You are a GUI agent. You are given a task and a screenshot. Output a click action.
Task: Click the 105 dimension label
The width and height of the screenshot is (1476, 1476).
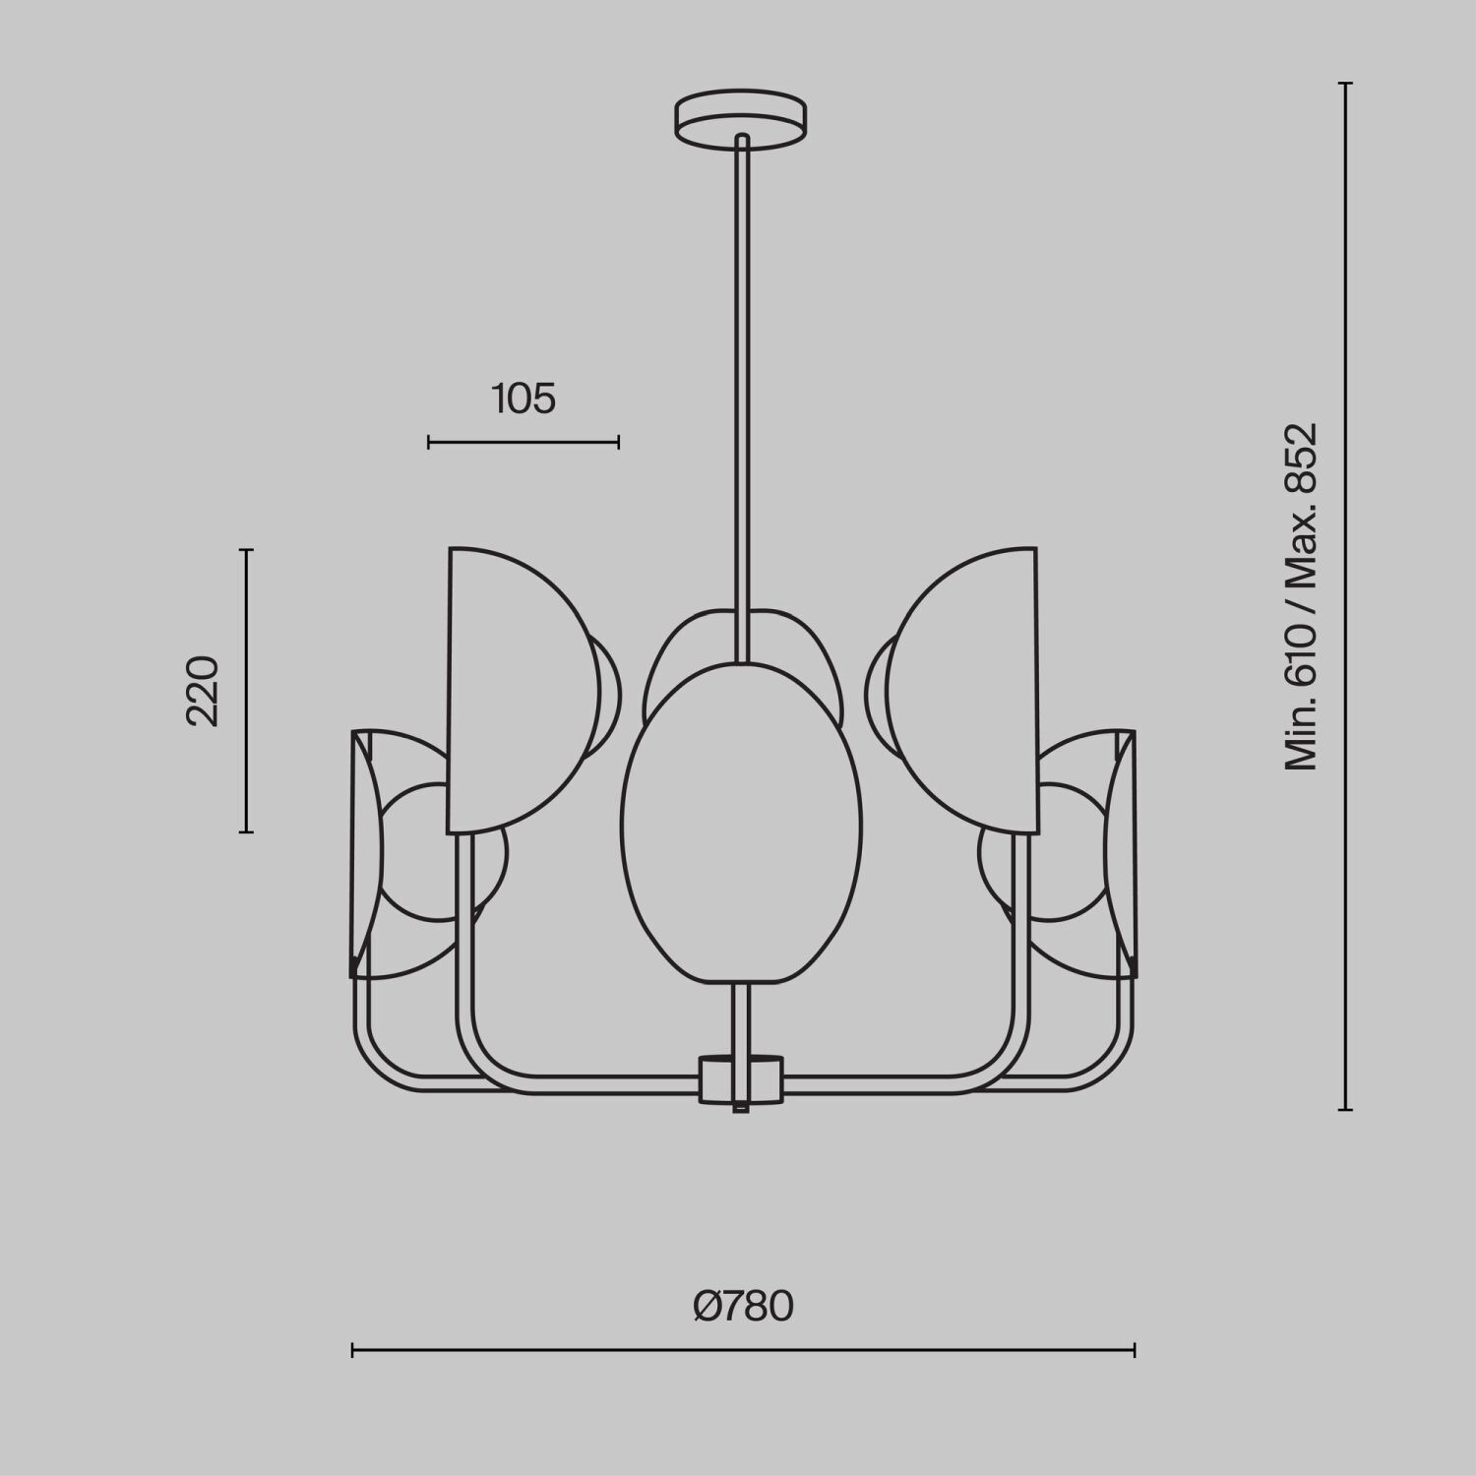click(523, 399)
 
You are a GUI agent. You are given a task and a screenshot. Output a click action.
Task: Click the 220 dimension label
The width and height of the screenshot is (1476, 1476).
click(203, 691)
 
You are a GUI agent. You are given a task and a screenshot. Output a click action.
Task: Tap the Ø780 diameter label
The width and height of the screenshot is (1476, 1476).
click(743, 1307)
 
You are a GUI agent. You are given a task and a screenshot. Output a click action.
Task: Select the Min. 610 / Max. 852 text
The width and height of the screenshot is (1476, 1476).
click(1300, 596)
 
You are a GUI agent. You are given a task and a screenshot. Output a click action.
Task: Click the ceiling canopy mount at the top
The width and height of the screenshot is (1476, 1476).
click(741, 120)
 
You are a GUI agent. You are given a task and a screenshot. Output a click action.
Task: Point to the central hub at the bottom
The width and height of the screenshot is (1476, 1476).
click(741, 1078)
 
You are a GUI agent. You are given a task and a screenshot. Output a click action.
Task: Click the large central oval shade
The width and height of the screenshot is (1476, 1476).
click(741, 822)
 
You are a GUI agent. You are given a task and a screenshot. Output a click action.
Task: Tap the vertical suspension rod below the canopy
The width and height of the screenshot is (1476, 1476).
click(742, 394)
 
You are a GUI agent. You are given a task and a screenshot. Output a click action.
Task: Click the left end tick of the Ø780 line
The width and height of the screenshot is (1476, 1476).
click(352, 1350)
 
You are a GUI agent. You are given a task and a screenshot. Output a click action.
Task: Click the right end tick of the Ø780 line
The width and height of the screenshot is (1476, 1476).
click(1135, 1350)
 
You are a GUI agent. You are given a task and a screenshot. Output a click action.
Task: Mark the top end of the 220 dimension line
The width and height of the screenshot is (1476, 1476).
click(247, 550)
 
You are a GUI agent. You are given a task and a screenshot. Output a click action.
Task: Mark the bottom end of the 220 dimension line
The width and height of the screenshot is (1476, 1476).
click(247, 832)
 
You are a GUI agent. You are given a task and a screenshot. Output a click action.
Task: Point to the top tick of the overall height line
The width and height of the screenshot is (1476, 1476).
click(1346, 84)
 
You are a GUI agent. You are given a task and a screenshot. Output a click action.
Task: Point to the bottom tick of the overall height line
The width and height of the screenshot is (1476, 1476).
click(1346, 1110)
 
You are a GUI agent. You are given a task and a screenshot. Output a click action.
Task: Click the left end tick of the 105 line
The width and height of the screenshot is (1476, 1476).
click(429, 443)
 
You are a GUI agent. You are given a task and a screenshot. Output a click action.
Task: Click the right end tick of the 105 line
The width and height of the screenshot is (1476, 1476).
click(618, 443)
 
